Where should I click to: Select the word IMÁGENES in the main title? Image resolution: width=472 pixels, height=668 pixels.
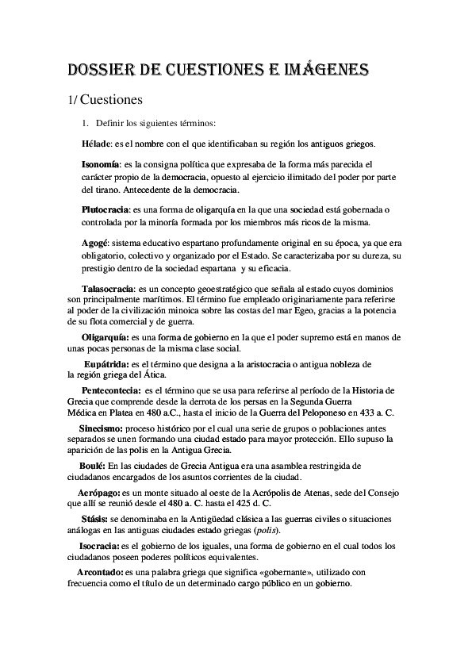pos(321,72)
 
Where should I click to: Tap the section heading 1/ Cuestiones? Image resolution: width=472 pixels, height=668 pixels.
pos(103,101)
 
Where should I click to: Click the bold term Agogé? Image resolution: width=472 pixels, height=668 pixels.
pos(95,240)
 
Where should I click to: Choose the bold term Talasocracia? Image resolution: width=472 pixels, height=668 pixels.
pos(106,286)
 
